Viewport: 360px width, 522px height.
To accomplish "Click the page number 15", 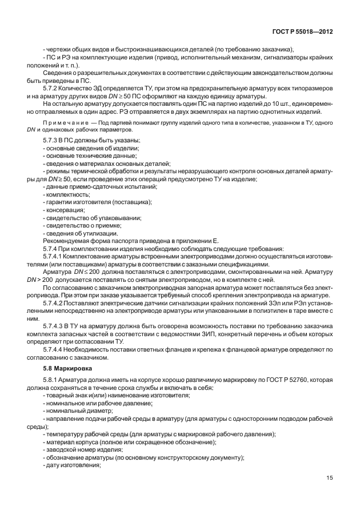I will (329, 478).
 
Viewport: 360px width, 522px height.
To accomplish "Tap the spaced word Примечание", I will (66, 123).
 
